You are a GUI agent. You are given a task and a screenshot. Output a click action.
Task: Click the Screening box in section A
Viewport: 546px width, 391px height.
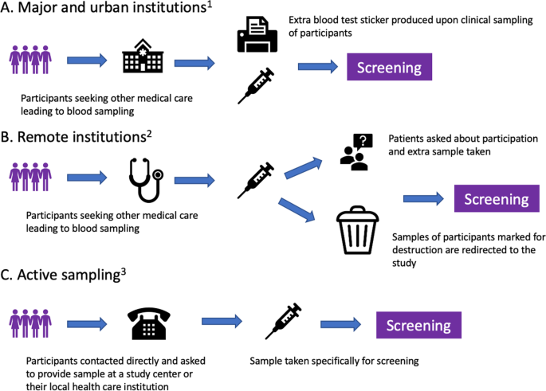pos(388,67)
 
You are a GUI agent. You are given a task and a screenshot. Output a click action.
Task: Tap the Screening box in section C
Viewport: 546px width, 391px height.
pos(418,325)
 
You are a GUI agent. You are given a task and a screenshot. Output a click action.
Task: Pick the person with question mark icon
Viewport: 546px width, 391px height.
pos(354,151)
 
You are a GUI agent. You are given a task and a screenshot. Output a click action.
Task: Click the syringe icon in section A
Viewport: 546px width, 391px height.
pos(256,86)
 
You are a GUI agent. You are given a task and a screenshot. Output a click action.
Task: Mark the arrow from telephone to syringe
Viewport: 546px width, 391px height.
pos(223,322)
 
